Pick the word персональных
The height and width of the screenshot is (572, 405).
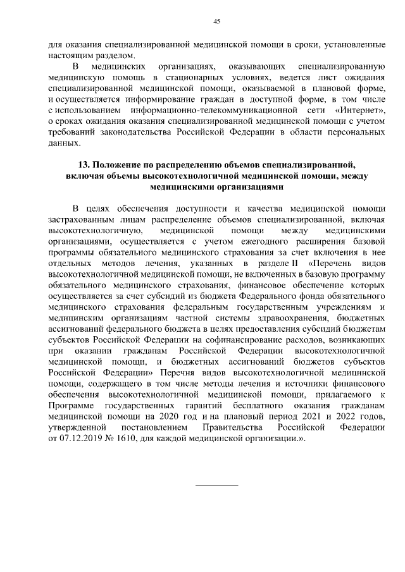tap(354, 132)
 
